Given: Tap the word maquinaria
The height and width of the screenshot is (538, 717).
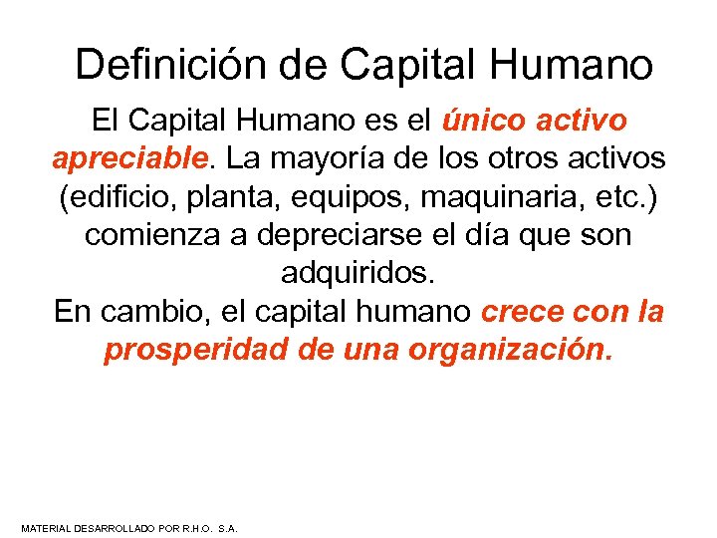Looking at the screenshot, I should click(506, 197).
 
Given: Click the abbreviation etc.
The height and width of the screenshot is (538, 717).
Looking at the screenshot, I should click(628, 197).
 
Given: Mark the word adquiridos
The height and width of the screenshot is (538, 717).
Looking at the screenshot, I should click(358, 274).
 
